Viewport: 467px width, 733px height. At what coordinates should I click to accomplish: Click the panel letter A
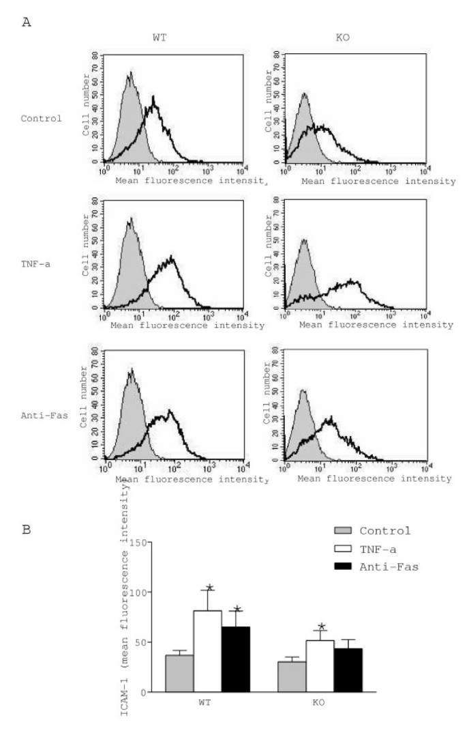(27, 23)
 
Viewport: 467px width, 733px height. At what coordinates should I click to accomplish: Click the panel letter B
(27, 527)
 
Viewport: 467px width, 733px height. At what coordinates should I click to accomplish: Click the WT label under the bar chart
(207, 702)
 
